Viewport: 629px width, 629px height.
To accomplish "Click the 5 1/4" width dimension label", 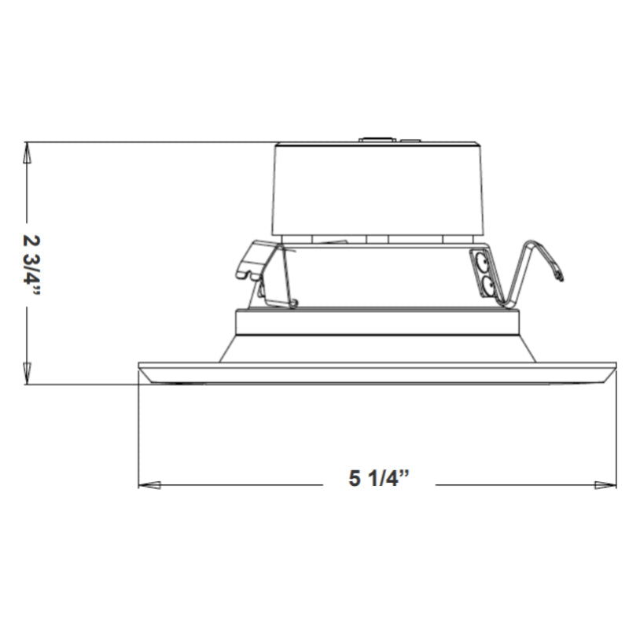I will [x=381, y=480].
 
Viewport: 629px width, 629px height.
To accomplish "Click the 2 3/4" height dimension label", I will [x=31, y=264].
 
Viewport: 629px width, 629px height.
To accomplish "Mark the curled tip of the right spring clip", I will [x=559, y=276].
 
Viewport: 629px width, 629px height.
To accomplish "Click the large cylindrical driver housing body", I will [x=377, y=189].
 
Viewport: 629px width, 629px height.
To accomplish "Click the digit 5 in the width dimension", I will [x=355, y=480].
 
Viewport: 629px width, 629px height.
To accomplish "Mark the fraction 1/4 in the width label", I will [x=388, y=480].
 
